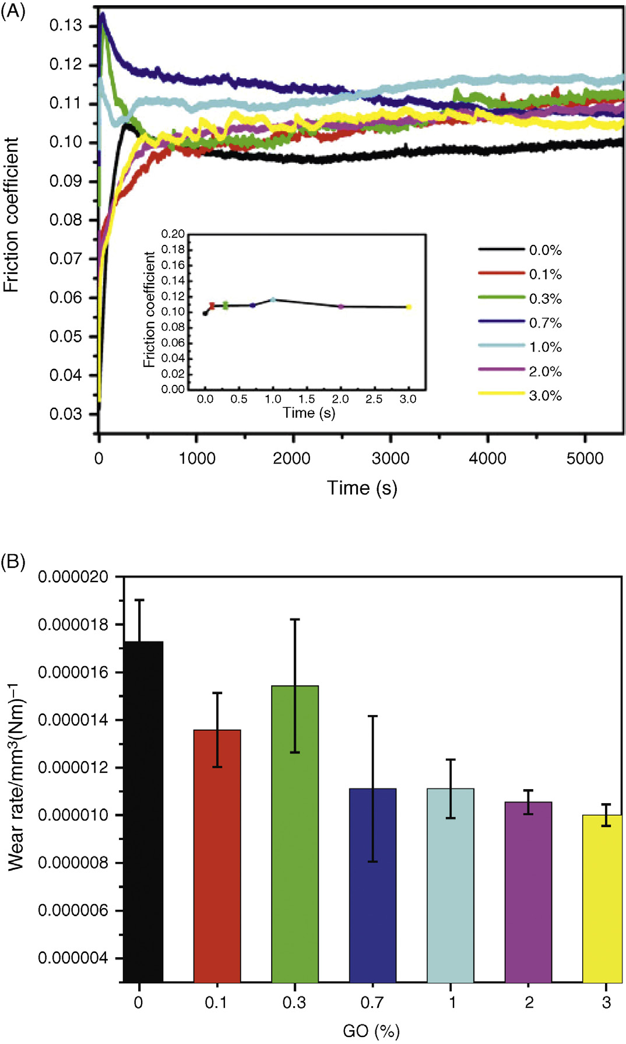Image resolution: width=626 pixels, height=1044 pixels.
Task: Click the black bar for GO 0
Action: (143, 811)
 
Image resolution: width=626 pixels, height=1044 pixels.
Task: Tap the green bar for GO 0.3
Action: (295, 833)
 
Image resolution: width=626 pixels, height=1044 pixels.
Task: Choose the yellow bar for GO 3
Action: (602, 898)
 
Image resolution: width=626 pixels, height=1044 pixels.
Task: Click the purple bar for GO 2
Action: (528, 892)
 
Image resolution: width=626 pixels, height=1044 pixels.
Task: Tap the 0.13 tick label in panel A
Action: (66, 26)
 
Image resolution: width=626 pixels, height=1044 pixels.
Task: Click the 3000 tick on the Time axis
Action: (391, 458)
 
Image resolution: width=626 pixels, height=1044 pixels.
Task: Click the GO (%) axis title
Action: (371, 1031)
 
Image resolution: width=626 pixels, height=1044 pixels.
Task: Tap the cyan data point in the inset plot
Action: (273, 300)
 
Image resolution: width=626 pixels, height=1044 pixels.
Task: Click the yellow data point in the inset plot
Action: (409, 307)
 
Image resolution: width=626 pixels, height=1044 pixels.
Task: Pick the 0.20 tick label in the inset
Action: (173, 234)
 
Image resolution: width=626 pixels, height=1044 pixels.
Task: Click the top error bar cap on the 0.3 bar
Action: (295, 619)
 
